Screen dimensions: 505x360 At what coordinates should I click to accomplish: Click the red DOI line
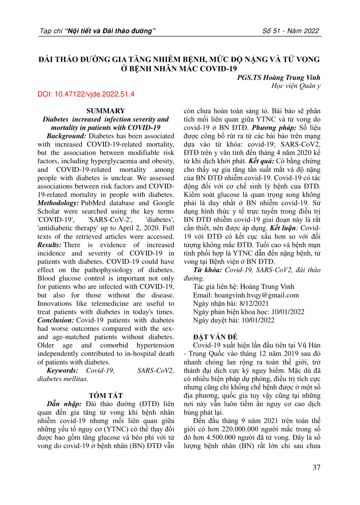coord(86,94)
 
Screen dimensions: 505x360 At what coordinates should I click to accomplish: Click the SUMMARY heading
coord(106,111)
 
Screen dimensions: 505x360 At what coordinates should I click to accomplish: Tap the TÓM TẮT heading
coord(106,396)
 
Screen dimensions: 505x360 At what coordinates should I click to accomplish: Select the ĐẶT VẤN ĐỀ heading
coord(215,337)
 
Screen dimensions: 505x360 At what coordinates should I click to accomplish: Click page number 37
coord(316,467)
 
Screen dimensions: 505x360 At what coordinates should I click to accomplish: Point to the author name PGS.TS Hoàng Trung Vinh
coord(278,78)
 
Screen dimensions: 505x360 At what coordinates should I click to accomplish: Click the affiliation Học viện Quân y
coord(296,86)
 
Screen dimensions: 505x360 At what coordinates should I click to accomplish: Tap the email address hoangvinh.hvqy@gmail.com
coord(256,295)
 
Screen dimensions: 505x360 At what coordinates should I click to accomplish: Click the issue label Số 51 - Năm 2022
coord(291,31)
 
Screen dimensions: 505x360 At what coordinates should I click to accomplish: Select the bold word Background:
coord(66,136)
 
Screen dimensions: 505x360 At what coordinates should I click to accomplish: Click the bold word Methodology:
coord(58,203)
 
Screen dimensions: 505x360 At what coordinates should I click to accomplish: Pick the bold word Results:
coord(49,245)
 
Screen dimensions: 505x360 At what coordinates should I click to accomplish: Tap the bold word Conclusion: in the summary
coord(55,320)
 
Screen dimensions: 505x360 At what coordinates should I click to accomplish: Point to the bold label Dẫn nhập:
coord(64,404)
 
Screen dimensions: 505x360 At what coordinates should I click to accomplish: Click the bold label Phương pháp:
coord(274,128)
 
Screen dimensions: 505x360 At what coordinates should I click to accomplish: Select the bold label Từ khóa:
coord(207,270)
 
